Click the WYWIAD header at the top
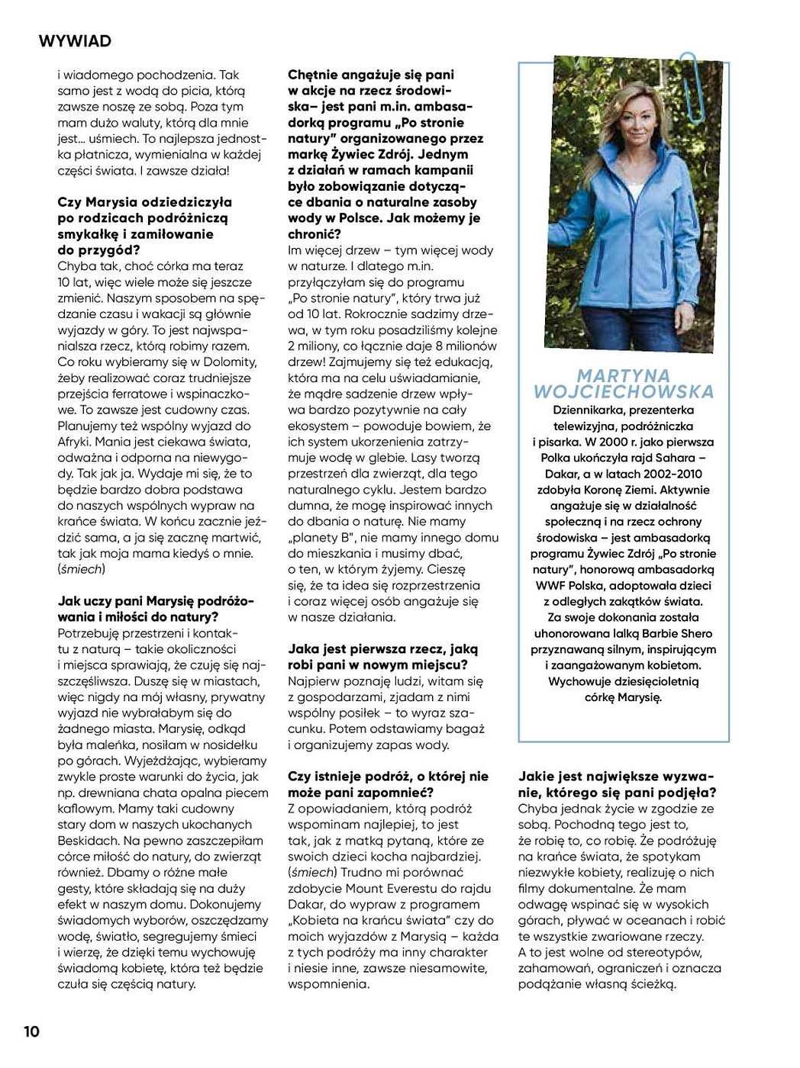75,41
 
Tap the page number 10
31,1031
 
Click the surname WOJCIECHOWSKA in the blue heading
624,392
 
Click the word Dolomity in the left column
230,362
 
